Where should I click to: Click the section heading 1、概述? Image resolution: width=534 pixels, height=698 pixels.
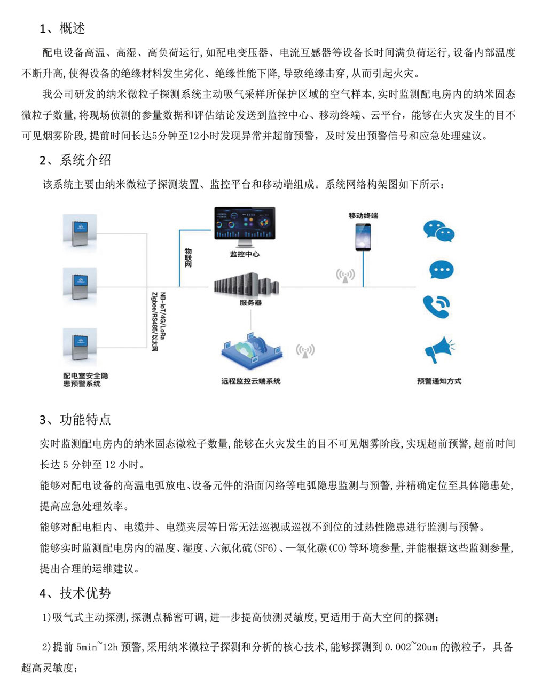pos(62,28)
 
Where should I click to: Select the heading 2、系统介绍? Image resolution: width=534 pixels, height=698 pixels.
pos(75,160)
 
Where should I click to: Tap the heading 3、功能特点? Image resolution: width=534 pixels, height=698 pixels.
pos(75,419)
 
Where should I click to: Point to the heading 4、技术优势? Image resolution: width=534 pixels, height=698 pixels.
pos(75,593)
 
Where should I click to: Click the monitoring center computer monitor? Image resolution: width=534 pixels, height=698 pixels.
pos(245,225)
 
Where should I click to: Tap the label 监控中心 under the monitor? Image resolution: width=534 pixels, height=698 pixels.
pos(245,254)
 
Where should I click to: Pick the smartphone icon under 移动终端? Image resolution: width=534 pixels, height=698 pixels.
pos(363,237)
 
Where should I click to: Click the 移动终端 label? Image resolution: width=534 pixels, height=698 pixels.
pos(363,215)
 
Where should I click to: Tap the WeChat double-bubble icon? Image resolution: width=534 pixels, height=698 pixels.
pos(438,231)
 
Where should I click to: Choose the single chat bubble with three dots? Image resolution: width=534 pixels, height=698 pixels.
pos(441,270)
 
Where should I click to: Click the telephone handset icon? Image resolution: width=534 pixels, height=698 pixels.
pos(436,306)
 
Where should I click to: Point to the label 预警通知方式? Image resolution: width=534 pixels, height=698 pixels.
pos(439,381)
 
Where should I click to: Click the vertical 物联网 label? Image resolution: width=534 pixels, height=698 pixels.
pos(188,257)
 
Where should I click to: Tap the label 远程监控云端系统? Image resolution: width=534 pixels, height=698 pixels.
pos(251,381)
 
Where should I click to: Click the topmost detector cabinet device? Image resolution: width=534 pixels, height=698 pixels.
pos(80,230)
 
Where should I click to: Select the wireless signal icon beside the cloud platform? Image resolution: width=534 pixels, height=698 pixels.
pos(305,350)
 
